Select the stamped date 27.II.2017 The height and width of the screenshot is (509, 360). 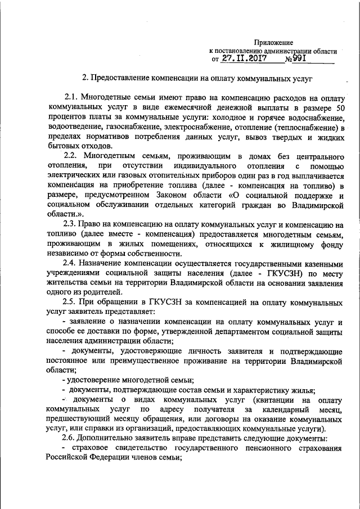[x=244, y=58]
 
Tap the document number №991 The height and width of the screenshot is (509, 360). [x=296, y=58]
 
